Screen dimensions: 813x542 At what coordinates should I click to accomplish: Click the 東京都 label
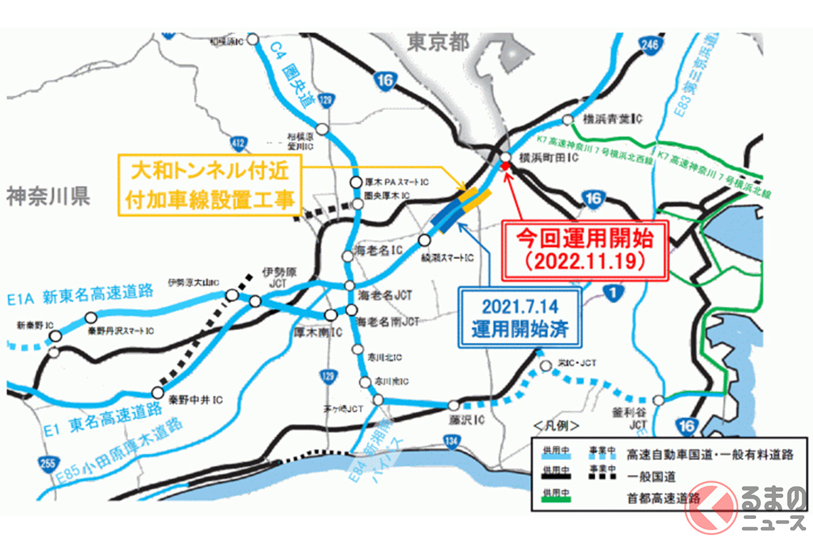coord(438,43)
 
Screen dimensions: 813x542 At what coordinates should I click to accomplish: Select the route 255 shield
coord(45,463)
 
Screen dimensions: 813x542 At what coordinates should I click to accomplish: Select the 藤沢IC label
coord(467,421)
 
